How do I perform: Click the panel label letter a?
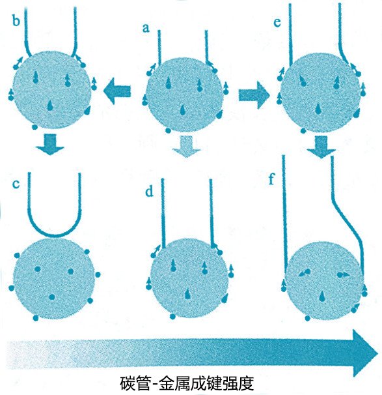[x=145, y=28]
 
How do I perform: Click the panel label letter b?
[x=16, y=20]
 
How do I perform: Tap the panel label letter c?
[x=16, y=184]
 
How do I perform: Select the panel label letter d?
[x=149, y=192]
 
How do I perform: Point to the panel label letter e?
[x=277, y=22]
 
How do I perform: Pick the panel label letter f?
[x=271, y=179]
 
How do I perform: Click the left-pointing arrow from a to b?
[x=117, y=91]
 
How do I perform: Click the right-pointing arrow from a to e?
[x=254, y=95]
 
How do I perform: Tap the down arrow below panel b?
[x=50, y=144]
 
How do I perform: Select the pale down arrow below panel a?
[x=186, y=147]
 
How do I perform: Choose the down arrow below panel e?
[x=321, y=147]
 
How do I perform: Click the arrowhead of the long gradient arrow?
[x=365, y=353]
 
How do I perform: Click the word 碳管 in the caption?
[x=135, y=383]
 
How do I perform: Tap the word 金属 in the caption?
[x=174, y=383]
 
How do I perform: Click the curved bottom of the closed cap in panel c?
[x=55, y=236]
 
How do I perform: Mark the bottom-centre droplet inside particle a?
[x=184, y=110]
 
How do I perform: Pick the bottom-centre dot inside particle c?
[x=52, y=297]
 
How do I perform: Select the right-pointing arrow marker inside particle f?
[x=342, y=274]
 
